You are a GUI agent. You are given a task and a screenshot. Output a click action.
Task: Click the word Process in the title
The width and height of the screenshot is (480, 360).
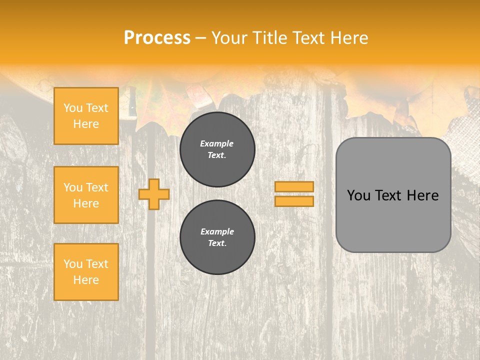157,38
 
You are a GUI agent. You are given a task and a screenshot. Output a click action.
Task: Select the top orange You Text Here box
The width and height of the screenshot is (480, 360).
86,116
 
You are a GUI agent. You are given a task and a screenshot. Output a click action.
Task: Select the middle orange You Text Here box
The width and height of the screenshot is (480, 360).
86,195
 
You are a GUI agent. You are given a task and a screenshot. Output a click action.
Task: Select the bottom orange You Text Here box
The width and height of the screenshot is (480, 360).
86,272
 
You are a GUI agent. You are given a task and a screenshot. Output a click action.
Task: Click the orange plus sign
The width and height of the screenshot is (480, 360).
154,194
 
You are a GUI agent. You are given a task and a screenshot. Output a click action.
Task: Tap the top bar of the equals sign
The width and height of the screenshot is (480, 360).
294,186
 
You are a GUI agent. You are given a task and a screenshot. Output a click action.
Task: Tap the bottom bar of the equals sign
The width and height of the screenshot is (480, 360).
294,201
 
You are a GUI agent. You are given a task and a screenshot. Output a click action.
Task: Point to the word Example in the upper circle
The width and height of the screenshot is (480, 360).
216,143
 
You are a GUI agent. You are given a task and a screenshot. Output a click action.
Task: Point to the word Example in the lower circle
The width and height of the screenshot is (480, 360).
217,231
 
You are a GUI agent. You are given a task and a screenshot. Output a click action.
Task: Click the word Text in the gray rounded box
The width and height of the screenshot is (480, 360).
388,195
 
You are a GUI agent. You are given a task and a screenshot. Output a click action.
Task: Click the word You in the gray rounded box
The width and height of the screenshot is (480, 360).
358,195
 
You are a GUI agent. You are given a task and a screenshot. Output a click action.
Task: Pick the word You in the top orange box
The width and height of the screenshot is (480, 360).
73,108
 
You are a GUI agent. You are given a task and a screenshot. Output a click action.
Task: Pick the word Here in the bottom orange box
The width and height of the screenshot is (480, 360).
86,280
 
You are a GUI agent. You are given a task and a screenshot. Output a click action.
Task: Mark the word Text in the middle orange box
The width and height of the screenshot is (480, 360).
97,187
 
